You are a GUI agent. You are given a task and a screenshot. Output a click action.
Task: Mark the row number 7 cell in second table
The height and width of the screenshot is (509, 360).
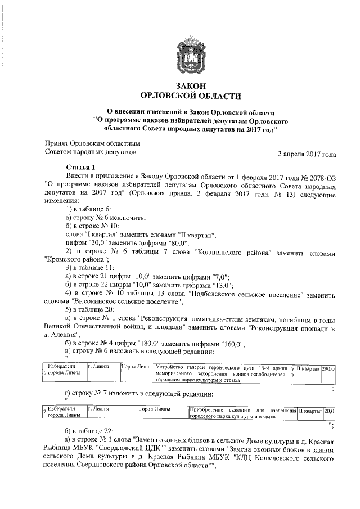tap(44, 413)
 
